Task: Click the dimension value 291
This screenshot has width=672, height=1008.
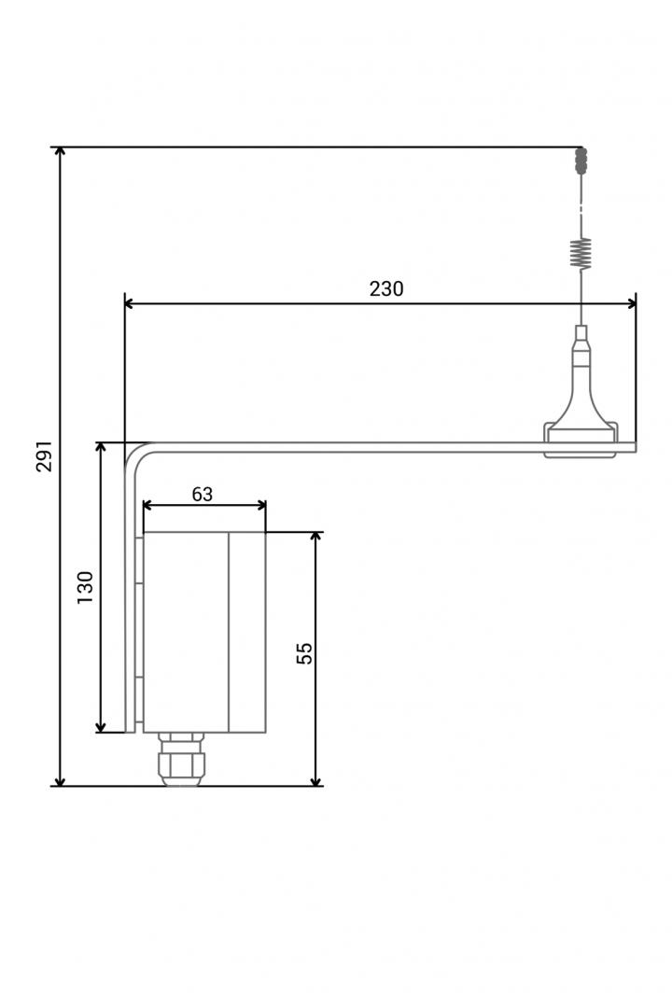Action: click(44, 456)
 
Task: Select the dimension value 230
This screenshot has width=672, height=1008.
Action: click(386, 288)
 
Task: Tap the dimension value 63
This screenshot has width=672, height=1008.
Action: click(202, 494)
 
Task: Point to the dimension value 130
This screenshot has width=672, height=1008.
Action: click(85, 587)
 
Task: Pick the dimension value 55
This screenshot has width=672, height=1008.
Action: click(304, 652)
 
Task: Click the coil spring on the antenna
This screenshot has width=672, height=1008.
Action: click(581, 253)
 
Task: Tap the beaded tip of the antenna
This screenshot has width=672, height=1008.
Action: click(581, 161)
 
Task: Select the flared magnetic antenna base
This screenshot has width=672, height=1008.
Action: click(581, 425)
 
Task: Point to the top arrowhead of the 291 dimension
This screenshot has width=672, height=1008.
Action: click(60, 152)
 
